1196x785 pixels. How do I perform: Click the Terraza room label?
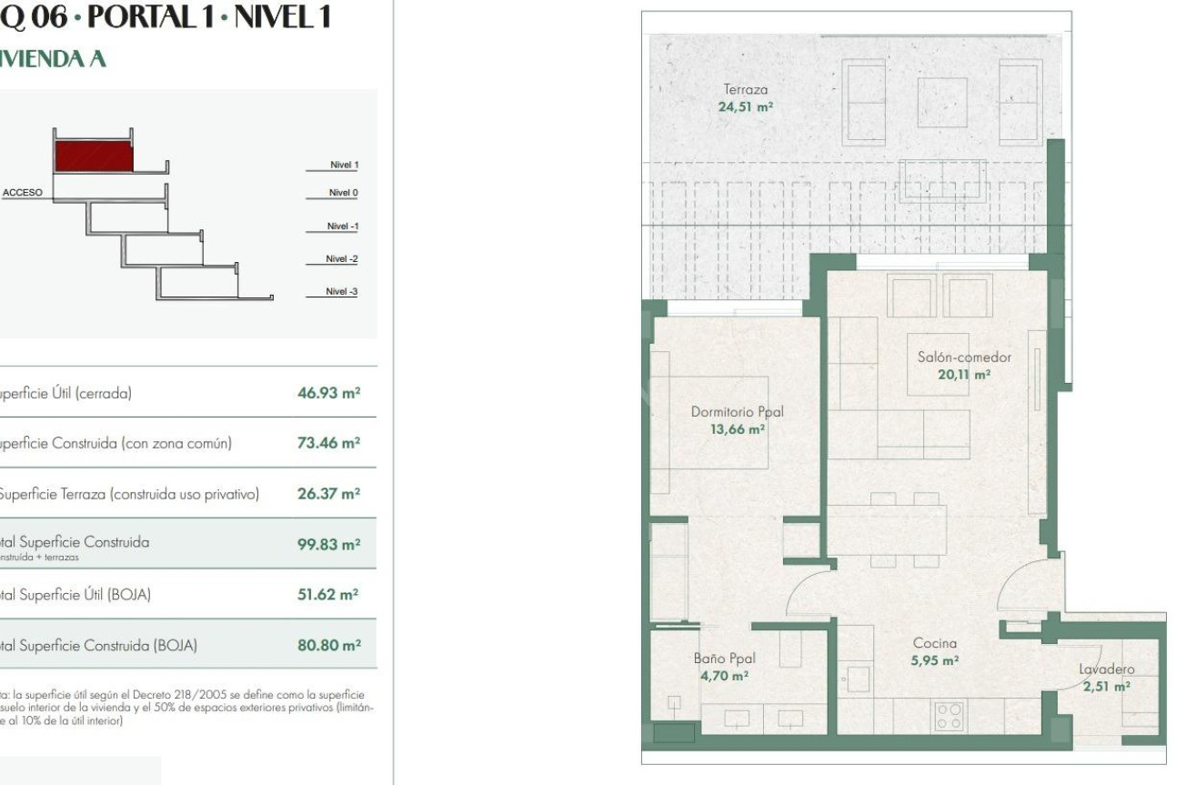click(745, 89)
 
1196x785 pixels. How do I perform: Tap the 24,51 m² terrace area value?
click(745, 106)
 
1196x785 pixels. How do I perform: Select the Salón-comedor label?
click(964, 357)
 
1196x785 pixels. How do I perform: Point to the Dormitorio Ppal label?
click(737, 412)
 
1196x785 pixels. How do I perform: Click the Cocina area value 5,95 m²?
click(935, 660)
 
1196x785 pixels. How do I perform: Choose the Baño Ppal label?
click(724, 659)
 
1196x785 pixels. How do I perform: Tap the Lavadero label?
click(1106, 669)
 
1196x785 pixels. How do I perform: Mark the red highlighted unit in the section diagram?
click(94, 156)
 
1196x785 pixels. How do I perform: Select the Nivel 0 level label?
click(343, 193)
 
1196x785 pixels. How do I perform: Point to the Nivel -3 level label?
click(342, 292)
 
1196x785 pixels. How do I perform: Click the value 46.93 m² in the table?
click(328, 393)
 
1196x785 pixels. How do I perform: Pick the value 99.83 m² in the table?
click(328, 544)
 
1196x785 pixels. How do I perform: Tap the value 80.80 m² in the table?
click(328, 645)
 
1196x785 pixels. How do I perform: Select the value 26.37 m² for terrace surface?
click(328, 494)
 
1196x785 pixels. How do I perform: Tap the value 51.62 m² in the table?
click(328, 595)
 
